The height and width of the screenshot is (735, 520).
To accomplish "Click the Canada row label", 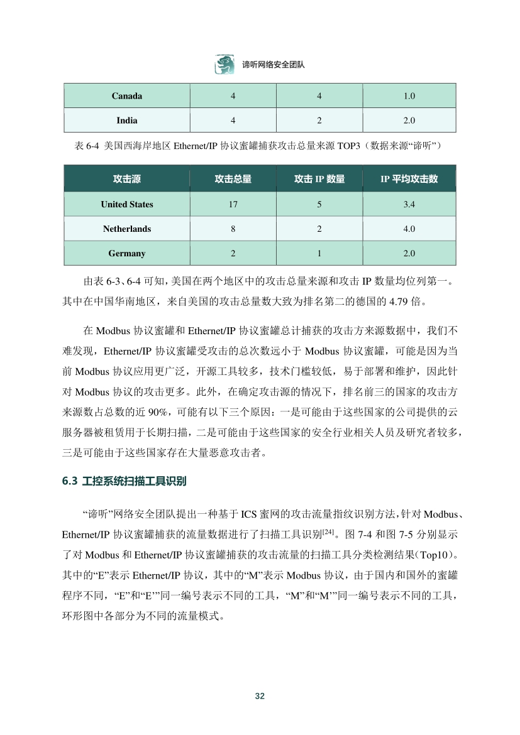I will point(127,96).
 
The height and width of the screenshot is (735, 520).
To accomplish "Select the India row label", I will point(127,120).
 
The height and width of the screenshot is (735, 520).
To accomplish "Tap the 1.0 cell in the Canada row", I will point(409,96).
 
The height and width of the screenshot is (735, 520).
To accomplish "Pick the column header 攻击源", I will point(127,179).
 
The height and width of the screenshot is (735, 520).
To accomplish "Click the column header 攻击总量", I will point(233,179).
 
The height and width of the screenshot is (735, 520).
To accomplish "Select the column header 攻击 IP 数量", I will point(319,179).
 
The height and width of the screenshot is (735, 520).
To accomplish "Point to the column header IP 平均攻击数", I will point(409,179).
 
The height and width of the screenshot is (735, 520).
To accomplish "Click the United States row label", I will point(127,204).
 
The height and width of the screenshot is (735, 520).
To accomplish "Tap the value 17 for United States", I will point(233,204).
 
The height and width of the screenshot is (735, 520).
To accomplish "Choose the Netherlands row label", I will point(127,229).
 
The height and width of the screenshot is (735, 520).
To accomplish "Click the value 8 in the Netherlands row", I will point(233,229).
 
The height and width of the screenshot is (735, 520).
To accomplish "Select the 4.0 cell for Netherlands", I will point(409,229).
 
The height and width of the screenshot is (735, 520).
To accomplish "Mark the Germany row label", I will point(127,253).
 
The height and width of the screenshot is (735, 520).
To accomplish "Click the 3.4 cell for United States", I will point(409,204).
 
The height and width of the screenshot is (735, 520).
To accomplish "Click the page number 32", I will point(260,695).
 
